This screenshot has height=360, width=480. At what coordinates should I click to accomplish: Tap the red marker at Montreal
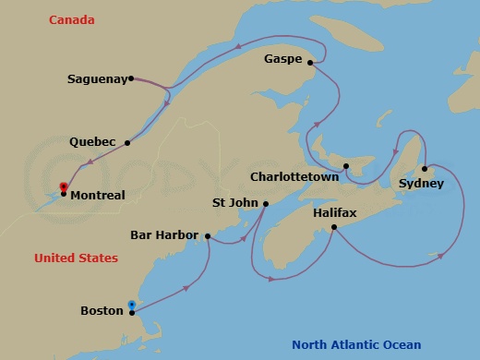(63, 186)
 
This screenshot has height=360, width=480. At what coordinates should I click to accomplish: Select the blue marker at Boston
(132, 305)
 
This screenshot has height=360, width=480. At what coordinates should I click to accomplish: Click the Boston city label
(101, 311)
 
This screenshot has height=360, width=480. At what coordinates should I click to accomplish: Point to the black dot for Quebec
(127, 142)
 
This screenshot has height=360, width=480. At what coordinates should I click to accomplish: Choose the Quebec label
(92, 142)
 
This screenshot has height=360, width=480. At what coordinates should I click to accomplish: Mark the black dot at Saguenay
(131, 78)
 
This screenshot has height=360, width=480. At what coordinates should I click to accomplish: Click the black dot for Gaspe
(310, 63)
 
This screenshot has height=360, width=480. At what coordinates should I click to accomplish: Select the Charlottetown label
(294, 174)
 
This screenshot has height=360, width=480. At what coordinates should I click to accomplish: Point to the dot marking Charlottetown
(345, 167)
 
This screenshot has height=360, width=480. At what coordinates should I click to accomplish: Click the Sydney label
(421, 184)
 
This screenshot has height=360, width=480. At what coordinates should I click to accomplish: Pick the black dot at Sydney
(424, 169)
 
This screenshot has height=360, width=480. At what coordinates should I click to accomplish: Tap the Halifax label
(334, 212)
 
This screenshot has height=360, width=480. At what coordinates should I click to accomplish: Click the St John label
(234, 203)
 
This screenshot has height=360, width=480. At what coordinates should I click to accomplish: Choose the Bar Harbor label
(164, 235)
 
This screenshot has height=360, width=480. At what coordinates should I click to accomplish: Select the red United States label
(76, 258)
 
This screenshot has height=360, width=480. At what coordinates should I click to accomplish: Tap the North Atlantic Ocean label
(356, 345)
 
